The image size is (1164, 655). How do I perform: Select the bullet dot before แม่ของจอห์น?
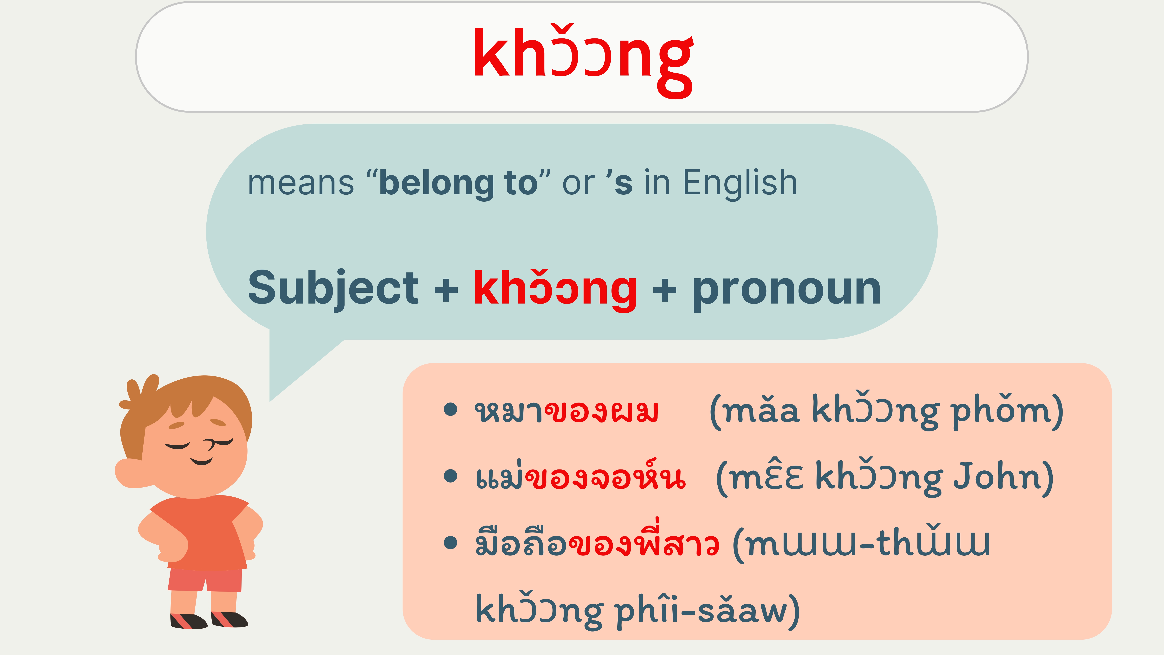[x=450, y=476]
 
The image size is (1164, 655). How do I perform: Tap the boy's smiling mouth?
[x=201, y=461]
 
